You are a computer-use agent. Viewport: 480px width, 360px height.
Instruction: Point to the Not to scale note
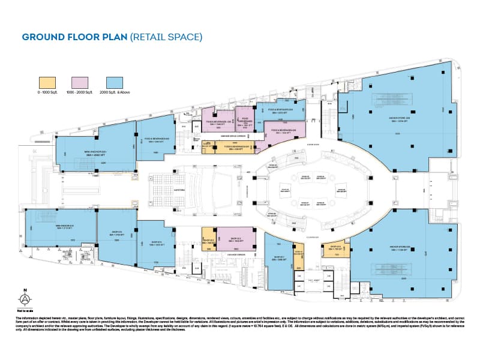[x=25, y=311]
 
